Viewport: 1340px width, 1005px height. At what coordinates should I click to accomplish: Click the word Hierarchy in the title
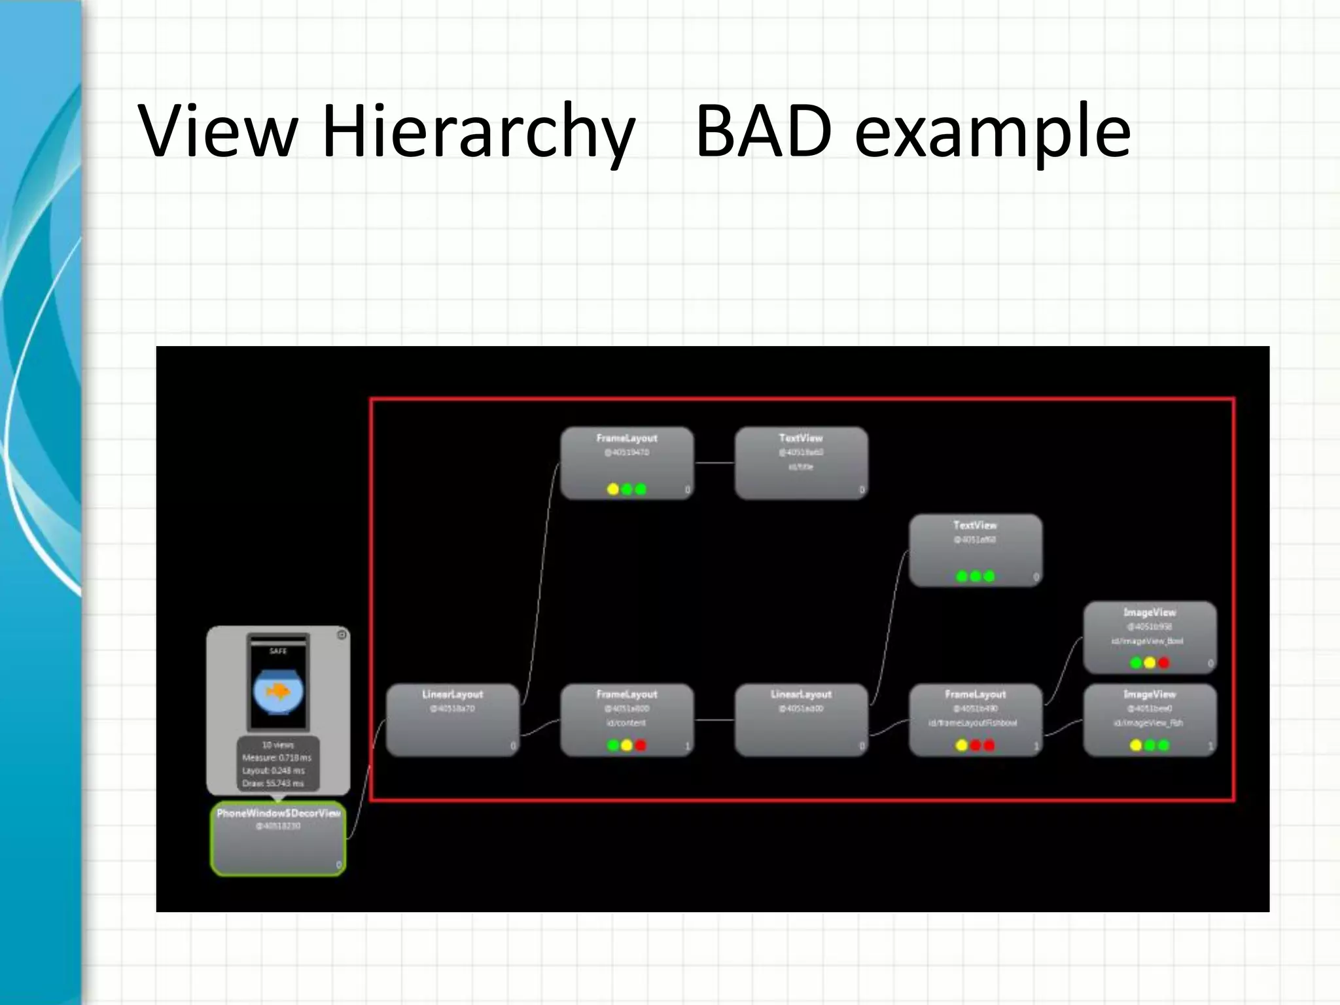tap(478, 131)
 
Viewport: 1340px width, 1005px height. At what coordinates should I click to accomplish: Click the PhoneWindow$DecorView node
tap(278, 838)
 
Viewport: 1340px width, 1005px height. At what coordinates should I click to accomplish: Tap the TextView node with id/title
tap(801, 463)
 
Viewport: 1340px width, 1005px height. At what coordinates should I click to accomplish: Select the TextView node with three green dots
tap(975, 550)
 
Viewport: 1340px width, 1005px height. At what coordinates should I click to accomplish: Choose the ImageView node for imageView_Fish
tap(1150, 720)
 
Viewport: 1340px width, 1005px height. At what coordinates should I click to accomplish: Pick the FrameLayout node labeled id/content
tap(627, 720)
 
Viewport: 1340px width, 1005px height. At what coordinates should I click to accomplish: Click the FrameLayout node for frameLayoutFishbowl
tap(975, 720)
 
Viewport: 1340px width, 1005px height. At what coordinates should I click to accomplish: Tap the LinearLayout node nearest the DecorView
tap(452, 720)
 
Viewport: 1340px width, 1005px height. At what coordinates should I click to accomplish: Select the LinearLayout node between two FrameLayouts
tap(801, 720)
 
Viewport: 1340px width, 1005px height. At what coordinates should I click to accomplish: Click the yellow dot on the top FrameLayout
tap(613, 489)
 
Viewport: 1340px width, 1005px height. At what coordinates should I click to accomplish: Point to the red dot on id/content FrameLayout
tap(641, 745)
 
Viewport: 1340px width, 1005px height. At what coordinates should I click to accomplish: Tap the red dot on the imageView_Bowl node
tap(1163, 663)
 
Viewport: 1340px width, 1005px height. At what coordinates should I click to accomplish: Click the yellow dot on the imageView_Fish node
tap(1136, 745)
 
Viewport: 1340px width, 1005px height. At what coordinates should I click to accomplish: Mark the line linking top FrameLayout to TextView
tap(714, 463)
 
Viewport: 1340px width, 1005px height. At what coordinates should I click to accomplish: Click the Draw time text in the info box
tap(273, 783)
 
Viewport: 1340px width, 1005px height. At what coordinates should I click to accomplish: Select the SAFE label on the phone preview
tap(278, 651)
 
